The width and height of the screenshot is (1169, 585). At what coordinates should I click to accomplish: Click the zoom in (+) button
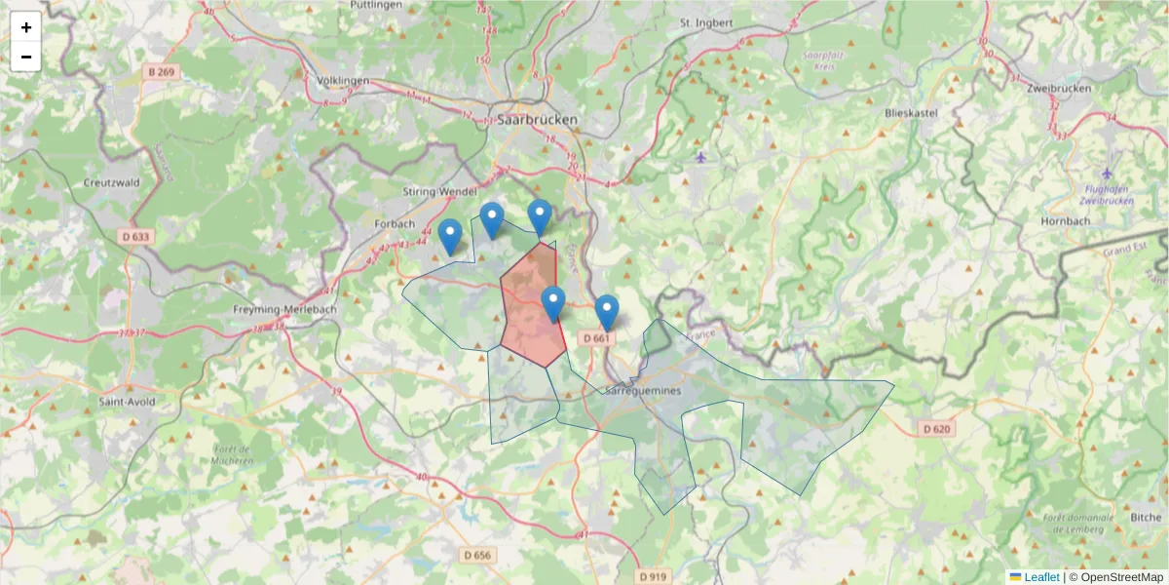26,27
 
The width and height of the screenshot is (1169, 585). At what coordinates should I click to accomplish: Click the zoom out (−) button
26,57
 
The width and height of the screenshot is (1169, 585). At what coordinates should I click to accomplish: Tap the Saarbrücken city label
537,120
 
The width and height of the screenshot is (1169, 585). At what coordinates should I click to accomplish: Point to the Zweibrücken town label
1059,88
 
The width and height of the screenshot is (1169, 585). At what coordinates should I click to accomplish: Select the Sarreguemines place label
644,389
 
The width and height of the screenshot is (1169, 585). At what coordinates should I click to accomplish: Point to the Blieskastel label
910,113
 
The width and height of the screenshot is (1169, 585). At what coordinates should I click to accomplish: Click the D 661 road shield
596,337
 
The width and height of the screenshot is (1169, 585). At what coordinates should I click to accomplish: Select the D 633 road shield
137,235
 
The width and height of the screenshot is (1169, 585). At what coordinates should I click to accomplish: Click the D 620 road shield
936,428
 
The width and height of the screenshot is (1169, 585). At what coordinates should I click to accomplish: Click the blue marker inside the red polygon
552,303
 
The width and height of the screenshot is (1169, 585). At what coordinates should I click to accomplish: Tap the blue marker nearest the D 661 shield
607,311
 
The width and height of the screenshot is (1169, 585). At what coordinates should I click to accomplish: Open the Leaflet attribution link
1040,577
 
